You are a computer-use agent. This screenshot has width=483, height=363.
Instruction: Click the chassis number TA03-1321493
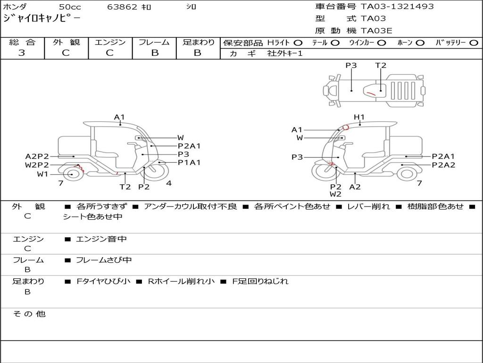pos(397,6)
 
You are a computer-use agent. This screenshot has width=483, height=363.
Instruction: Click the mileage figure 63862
pos(122,7)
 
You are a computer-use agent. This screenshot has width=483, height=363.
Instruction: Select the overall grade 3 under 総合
pos(22,53)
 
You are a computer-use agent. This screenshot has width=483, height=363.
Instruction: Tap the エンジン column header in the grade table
pos(110,42)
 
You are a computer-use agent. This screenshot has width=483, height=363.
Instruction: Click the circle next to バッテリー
pos(474,43)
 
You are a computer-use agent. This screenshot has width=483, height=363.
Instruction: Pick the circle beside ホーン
pos(420,43)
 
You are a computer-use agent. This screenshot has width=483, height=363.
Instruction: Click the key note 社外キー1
pos(285,53)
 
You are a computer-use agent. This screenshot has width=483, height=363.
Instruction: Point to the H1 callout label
pos(359,117)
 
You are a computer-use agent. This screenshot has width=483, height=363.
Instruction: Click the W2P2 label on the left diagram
pos(37,165)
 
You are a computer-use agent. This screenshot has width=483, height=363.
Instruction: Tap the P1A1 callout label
pos(189,163)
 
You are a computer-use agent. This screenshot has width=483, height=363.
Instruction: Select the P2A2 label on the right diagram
pos(443,165)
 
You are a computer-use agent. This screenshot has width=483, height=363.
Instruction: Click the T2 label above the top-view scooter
pos(381,65)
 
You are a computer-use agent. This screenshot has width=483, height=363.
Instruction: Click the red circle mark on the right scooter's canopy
pos(346,127)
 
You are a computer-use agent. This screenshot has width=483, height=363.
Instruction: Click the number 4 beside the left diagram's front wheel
pos(169,183)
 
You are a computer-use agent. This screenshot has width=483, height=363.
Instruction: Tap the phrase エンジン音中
pos(101,239)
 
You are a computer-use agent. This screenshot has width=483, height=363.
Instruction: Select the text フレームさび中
pos(104,260)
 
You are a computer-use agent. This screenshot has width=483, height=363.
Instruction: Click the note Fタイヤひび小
pos(103,281)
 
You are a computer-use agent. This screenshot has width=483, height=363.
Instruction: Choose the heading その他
pos(29,314)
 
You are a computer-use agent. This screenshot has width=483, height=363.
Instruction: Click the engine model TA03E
pos(376,31)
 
